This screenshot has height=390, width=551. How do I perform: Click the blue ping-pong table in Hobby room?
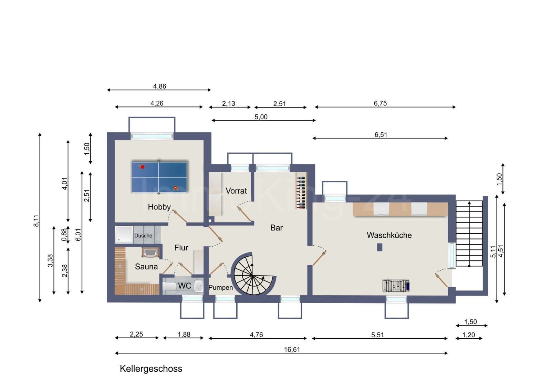[159, 177]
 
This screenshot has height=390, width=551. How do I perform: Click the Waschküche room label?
[389, 235]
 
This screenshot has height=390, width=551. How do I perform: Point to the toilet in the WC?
[169, 286]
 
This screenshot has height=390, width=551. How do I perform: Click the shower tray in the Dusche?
[124, 235]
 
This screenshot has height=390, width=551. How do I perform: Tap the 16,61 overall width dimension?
[292, 350]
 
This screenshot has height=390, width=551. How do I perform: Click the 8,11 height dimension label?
[36, 220]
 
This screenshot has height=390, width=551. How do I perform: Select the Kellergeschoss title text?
[151, 369]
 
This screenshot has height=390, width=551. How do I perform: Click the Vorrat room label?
[236, 191]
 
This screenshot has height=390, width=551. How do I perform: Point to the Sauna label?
[146, 267]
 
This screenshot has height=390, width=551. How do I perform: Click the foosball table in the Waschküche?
[396, 286]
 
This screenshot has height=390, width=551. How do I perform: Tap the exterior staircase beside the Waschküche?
[469, 234]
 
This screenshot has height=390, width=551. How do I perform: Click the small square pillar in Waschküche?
[380, 247]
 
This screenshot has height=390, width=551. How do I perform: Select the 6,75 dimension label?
[380, 103]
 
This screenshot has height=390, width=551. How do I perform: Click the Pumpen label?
[220, 288]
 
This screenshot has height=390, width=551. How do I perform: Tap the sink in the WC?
[199, 286]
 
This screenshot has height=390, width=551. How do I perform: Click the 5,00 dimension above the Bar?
[261, 117]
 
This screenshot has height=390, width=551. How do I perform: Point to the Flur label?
[181, 248]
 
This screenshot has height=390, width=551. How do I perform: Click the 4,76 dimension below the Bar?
[256, 335]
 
